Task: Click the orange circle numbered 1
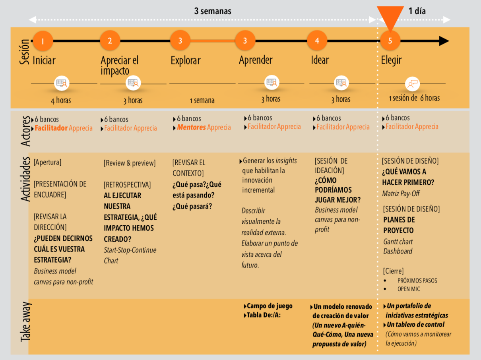pyautogui.click(x=43, y=41)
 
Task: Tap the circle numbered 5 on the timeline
pyautogui.click(x=390, y=41)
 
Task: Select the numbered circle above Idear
pyautogui.click(x=317, y=41)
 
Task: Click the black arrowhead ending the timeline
pyautogui.click(x=444, y=41)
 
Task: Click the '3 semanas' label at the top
pyautogui.click(x=213, y=11)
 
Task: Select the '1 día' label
pyautogui.click(x=417, y=11)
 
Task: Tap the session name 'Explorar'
pyautogui.click(x=186, y=61)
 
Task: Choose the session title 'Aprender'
pyautogui.click(x=256, y=60)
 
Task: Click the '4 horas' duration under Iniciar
pyautogui.click(x=61, y=101)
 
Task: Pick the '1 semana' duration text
pyautogui.click(x=202, y=101)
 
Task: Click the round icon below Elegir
pyautogui.click(x=412, y=84)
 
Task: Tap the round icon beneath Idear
pyautogui.click(x=341, y=83)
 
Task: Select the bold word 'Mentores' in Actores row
pyautogui.click(x=191, y=128)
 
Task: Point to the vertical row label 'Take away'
pyautogui.click(x=25, y=323)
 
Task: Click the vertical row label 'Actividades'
pyautogui.click(x=25, y=179)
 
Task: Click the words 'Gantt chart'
pyautogui.click(x=398, y=242)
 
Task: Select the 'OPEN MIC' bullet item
pyautogui.click(x=409, y=289)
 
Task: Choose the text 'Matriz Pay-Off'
pyautogui.click(x=401, y=194)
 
